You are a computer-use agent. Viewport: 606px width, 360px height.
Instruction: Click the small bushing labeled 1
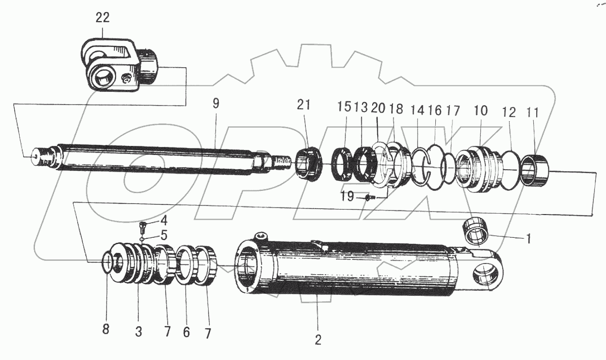click(477, 231)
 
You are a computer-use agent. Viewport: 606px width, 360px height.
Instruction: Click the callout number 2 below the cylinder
click(317, 339)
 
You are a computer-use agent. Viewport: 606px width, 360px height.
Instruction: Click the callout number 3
click(138, 332)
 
